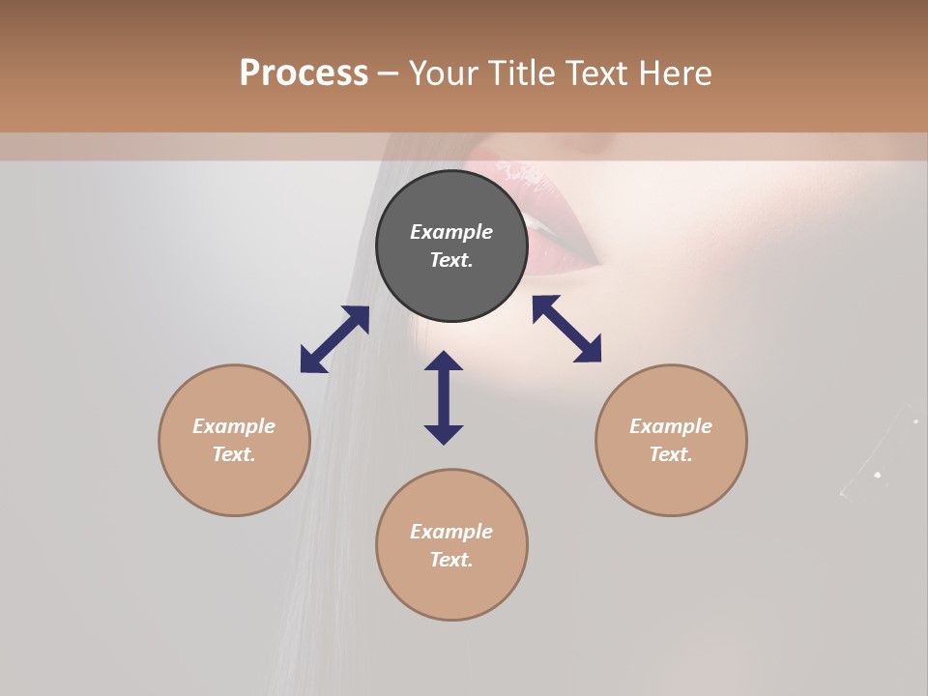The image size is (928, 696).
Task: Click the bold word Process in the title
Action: [304, 73]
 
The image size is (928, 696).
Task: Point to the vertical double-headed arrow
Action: [444, 397]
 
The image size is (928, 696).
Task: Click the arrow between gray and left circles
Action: [334, 339]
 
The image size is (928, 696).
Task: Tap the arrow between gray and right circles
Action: [566, 329]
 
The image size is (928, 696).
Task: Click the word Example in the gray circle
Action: [451, 232]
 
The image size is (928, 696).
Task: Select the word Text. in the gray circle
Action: [451, 260]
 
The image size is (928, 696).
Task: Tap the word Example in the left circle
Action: [234, 426]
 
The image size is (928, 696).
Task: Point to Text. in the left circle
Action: [234, 454]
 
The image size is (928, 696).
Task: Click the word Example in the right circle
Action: [671, 426]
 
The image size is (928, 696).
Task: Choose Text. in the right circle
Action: [671, 454]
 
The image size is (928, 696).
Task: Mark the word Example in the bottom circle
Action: [451, 532]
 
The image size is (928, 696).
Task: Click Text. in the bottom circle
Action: [451, 560]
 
